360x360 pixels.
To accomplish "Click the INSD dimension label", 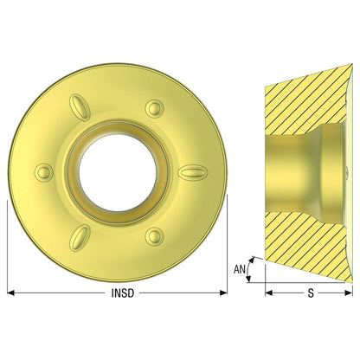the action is tap(123, 293).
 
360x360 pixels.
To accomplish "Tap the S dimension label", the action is tap(311, 293).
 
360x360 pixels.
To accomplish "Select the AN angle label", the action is tap(240, 269).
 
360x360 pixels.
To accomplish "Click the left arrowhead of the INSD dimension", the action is tap(10, 292).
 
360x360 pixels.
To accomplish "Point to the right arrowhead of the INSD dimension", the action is tap(223, 292).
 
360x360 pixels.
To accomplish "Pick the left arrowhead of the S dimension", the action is tap(268, 293).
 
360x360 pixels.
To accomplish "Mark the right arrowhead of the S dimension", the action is tap(349, 293).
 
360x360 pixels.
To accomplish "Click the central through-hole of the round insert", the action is tap(118, 172).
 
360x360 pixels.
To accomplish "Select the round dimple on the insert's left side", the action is tap(44, 172).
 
